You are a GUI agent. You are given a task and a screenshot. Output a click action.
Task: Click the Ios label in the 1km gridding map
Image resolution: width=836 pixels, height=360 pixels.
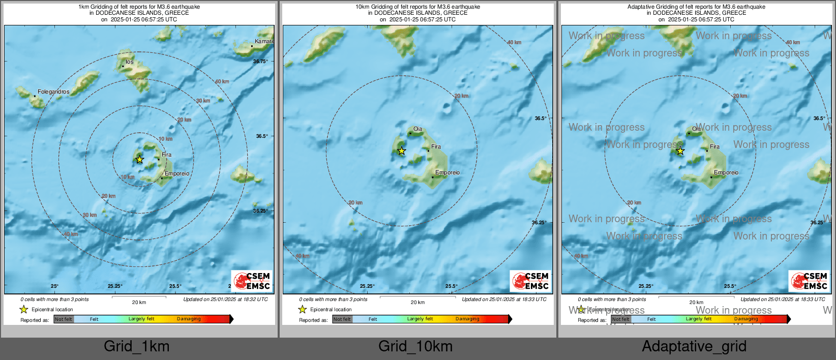pos(130,62)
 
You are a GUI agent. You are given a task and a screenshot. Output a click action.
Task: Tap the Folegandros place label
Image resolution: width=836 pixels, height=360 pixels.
pos(53,92)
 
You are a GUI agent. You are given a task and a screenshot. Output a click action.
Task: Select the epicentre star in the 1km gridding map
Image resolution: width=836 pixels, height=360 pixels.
pos(140,159)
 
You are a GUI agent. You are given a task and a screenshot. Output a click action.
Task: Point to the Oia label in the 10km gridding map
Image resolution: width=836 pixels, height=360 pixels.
pos(417,129)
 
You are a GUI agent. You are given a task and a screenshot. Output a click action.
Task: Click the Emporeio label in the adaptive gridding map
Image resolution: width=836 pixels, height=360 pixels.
pos(726,173)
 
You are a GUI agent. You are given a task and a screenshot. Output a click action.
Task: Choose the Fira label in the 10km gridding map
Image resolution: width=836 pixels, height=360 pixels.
pos(436,147)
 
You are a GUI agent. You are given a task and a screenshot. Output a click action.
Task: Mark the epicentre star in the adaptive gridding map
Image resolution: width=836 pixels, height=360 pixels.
pos(680,151)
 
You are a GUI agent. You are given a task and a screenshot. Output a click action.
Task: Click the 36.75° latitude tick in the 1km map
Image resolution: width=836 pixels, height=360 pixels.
pos(260,61)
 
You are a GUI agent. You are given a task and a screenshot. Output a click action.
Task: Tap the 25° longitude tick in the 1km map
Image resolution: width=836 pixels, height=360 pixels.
pos(54,286)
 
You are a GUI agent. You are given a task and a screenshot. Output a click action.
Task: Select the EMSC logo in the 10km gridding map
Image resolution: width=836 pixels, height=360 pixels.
pos(530,281)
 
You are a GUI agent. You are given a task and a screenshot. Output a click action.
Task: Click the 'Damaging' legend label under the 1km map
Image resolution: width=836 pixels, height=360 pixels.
pos(189,319)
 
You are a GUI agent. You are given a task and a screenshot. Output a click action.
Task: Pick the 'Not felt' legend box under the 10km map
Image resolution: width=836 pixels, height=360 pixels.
pos(342,319)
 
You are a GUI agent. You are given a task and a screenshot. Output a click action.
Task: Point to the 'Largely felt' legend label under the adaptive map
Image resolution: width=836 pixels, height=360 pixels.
pos(698,319)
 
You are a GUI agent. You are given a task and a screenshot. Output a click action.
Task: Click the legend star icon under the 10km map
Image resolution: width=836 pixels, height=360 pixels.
pos(303,309)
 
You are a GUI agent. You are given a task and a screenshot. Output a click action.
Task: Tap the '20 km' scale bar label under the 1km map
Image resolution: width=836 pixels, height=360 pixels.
pos(139,303)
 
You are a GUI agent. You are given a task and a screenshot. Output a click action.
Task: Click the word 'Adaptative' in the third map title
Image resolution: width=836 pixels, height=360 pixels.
pos(640,7)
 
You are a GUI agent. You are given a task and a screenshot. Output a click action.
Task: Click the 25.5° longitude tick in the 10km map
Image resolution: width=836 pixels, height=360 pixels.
pos(451,286)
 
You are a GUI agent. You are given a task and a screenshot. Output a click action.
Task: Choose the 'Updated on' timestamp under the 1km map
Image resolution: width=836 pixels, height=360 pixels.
pos(225,299)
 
